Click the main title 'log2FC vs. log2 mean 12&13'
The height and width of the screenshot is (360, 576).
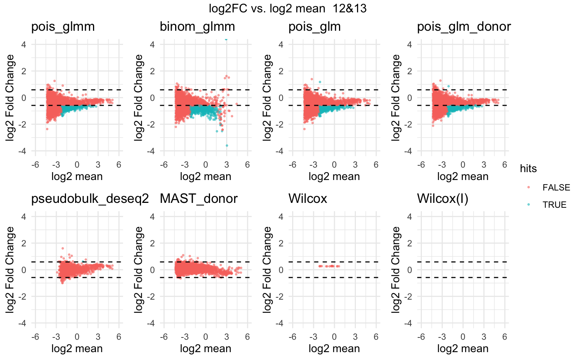pos(288,8)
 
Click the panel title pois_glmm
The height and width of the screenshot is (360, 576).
pos(63,27)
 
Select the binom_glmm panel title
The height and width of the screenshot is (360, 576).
pos(197,27)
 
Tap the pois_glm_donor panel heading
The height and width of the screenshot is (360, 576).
pos(464,27)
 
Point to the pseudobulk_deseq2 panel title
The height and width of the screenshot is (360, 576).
pos(90,199)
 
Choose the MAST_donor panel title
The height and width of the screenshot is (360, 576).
pos(199,199)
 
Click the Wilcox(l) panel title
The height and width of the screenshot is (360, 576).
pos(442,199)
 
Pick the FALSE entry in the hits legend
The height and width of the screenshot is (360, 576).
pos(556,187)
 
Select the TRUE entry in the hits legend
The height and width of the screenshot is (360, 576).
pos(554,205)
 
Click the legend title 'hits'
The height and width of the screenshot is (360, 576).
pos(528,169)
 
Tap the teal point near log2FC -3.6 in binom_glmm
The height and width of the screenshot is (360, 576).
pos(227,145)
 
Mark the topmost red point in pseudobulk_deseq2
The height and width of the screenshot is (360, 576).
pos(63,248)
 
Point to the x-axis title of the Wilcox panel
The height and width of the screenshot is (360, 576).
pos(334,349)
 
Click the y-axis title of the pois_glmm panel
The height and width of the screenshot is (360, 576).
pos(10,97)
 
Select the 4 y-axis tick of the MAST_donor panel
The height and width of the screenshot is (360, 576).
pos(152,216)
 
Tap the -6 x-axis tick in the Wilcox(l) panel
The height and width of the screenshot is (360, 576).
pos(421,337)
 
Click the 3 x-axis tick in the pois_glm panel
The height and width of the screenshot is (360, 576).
pos(355,165)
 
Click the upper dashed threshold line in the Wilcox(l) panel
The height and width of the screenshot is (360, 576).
pos(463,262)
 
